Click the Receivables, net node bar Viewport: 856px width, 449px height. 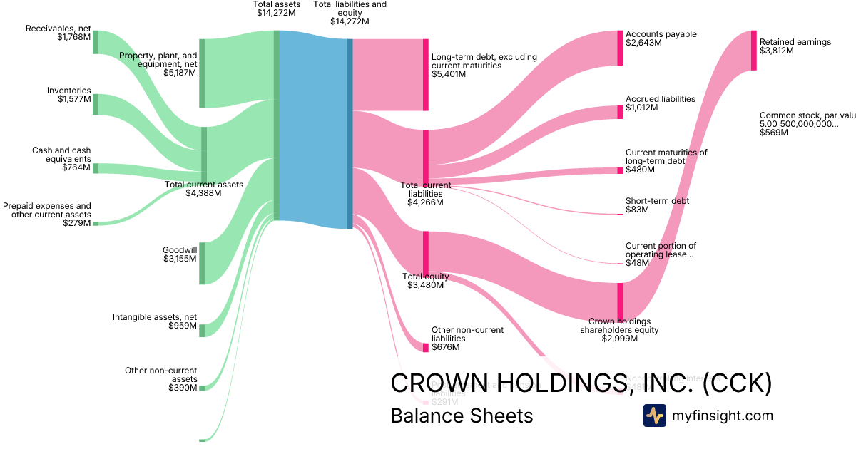tap(96, 42)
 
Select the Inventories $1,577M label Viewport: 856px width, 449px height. tap(69, 95)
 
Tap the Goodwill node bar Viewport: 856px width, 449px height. tap(202, 263)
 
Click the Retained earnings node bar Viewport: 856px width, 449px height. tap(753, 50)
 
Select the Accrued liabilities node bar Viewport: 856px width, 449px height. tap(620, 112)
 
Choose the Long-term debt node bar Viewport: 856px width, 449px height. tap(426, 75)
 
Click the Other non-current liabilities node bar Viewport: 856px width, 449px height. tap(426, 347)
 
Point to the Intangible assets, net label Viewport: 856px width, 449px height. tap(154, 321)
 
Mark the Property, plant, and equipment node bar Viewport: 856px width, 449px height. tap(202, 73)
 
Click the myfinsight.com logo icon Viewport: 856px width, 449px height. tap(654, 416)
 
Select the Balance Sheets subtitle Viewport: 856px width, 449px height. tap(462, 416)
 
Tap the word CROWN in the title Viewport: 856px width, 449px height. tap(434, 383)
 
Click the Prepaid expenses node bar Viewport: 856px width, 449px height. tap(96, 224)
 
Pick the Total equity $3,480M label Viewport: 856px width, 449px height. tap(426, 281)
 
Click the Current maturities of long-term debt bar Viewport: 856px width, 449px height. tap(620, 170)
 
